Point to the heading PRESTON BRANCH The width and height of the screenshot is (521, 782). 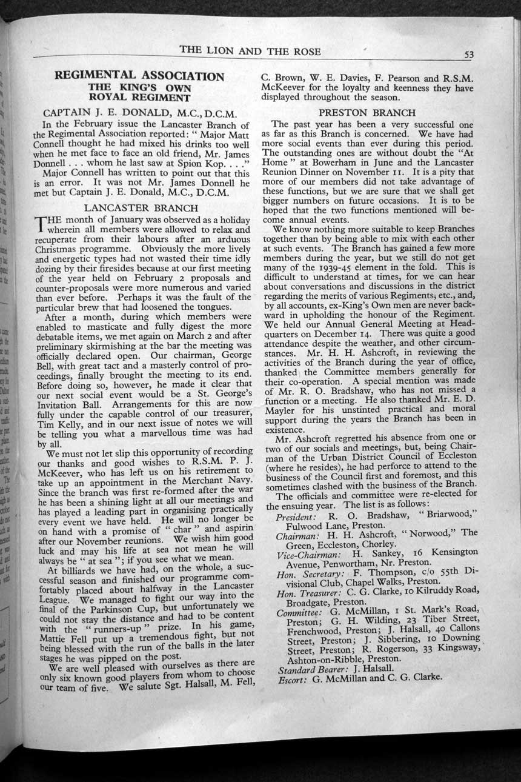[x=367, y=112]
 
